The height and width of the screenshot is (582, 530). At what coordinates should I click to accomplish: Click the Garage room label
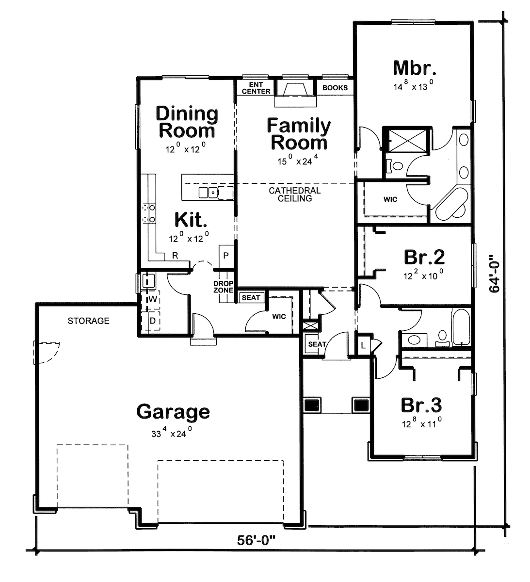click(x=173, y=412)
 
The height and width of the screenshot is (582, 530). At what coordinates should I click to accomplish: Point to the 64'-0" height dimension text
click(x=494, y=273)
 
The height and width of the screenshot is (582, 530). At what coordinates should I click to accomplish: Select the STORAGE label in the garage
click(x=88, y=321)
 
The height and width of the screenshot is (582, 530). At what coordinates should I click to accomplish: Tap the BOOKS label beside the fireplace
click(x=335, y=88)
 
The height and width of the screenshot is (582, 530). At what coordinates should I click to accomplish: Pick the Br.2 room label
click(x=424, y=256)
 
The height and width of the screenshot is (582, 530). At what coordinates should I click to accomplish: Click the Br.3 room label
click(x=421, y=404)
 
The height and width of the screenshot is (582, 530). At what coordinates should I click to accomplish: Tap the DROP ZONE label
click(x=224, y=287)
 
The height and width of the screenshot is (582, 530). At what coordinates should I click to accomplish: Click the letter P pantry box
click(x=226, y=255)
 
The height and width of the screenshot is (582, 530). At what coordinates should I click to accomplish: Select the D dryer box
click(x=152, y=321)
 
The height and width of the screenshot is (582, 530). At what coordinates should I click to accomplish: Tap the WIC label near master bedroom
click(x=390, y=199)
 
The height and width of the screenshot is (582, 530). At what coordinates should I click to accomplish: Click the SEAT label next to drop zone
click(x=251, y=298)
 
